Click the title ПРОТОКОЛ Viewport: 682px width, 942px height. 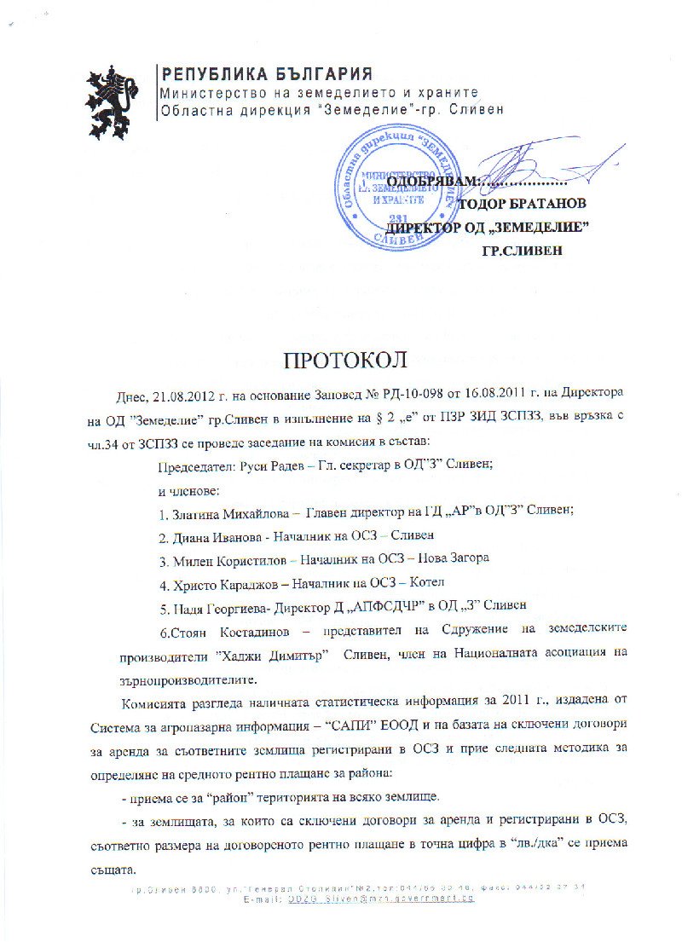(x=341, y=358)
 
